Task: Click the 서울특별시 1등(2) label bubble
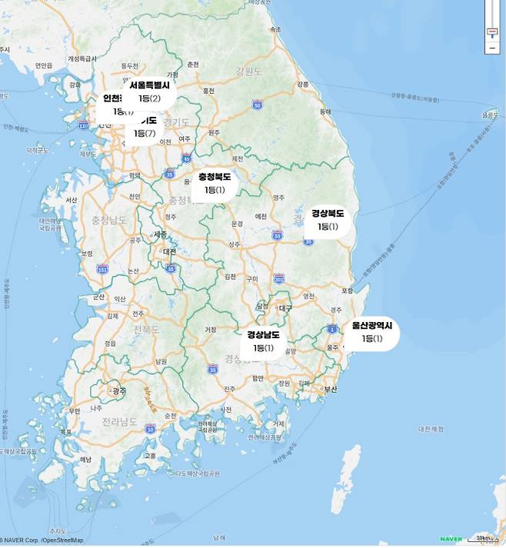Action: click(149, 92)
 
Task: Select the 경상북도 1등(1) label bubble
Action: click(327, 220)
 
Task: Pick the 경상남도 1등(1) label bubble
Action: click(263, 341)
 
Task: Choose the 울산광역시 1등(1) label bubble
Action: click(371, 332)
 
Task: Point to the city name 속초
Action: click(276, 29)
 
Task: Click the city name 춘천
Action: click(193, 65)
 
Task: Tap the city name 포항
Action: click(347, 291)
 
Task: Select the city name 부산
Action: click(331, 389)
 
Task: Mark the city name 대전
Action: click(169, 251)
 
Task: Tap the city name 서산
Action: click(72, 200)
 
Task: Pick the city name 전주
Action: click(138, 314)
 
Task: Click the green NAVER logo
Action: click(451, 539)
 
